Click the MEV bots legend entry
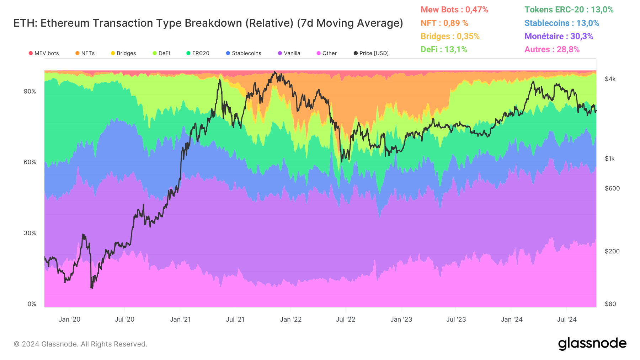(x=44, y=53)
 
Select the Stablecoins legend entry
(x=244, y=53)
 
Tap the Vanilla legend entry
(x=289, y=53)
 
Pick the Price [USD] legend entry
(x=371, y=53)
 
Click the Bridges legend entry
(x=123, y=53)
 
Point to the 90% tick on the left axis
(x=30, y=91)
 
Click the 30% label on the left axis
(x=30, y=233)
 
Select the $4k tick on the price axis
(x=610, y=79)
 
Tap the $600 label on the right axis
(x=612, y=188)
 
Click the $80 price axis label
(x=610, y=304)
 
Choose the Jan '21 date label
(x=180, y=319)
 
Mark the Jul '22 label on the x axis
(x=346, y=319)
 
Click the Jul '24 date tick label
(x=567, y=319)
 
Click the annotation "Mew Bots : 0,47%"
(x=454, y=10)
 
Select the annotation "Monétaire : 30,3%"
(x=559, y=36)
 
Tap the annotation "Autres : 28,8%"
(x=552, y=49)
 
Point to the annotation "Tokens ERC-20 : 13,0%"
(x=569, y=10)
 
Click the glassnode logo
(x=592, y=344)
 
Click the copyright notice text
(x=80, y=344)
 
